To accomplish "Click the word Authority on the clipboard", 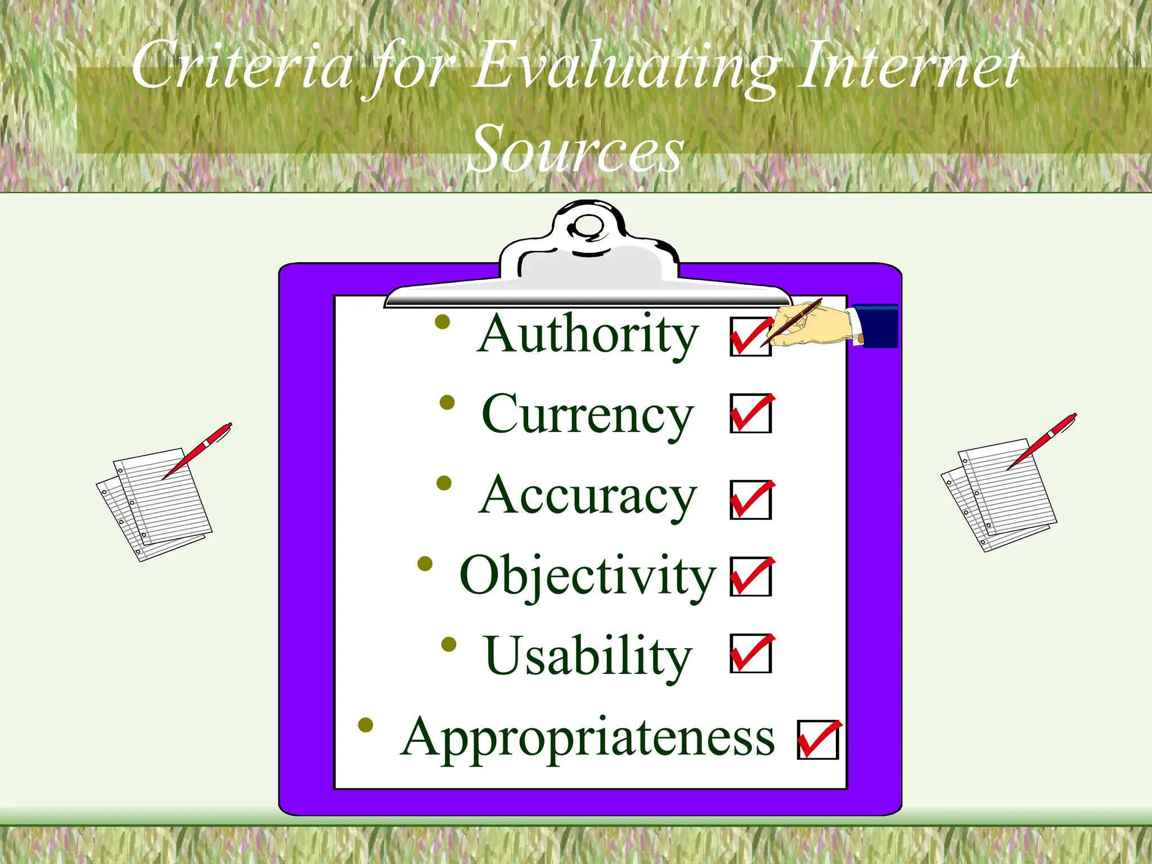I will (588, 334).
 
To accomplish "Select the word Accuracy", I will (588, 496).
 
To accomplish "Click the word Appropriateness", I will (588, 737).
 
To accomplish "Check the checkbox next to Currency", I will (750, 414).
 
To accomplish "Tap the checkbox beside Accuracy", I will (750, 500).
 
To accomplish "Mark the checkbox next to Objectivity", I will (750, 577).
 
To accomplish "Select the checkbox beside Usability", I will (750, 654).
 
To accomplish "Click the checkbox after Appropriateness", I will (817, 740).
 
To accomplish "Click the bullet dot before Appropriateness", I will (366, 725).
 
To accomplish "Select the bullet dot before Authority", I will (443, 322).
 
